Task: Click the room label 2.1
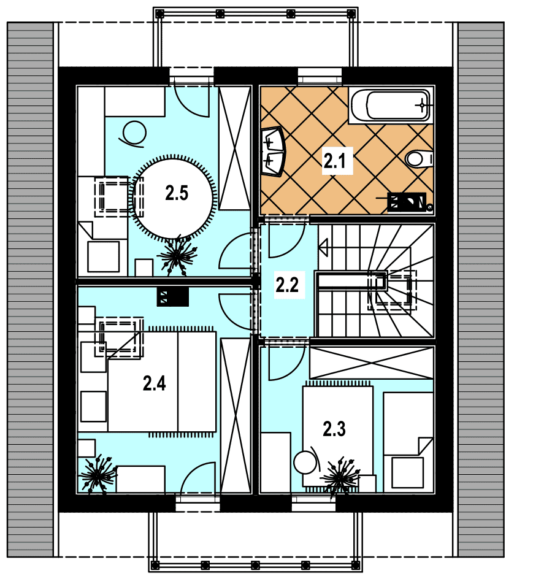[334, 161]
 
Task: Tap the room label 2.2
[287, 285]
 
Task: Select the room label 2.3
[334, 429]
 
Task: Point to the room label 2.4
[154, 383]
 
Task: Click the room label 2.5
[177, 193]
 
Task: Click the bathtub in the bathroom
[391, 105]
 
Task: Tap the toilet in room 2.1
[419, 159]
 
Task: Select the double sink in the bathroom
[273, 151]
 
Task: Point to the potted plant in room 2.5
[177, 255]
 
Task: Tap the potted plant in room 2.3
[340, 478]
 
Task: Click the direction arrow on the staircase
[323, 248]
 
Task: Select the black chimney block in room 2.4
[172, 297]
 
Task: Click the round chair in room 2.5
[133, 134]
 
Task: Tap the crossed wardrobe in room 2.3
[372, 363]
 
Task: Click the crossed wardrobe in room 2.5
[235, 148]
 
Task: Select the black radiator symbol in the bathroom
[407, 202]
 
